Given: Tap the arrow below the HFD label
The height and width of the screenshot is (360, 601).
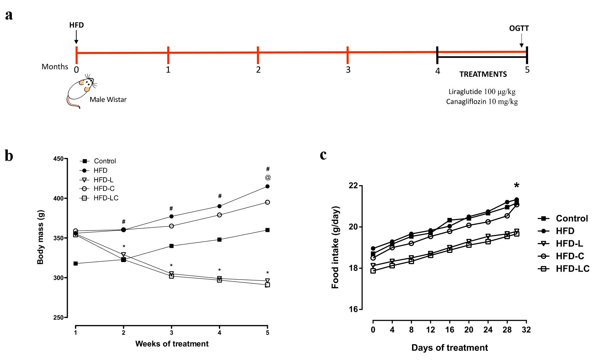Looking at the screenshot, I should [76, 37].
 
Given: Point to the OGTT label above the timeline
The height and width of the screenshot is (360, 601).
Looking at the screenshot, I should [519, 28].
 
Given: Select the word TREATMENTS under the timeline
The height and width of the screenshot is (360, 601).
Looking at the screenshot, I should [483, 74].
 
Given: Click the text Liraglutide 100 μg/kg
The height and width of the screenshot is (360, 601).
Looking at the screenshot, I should [482, 92].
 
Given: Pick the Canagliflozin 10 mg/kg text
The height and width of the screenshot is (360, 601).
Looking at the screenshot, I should [482, 102].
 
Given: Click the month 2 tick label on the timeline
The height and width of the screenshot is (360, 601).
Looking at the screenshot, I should [258, 70].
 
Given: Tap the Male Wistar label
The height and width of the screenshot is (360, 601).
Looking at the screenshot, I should [108, 100].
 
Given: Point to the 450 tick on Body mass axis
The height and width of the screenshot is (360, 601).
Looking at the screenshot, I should [58, 159].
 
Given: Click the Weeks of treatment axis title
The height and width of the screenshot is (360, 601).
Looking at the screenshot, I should [172, 344].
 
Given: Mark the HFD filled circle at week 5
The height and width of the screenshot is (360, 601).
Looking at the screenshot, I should [268, 186].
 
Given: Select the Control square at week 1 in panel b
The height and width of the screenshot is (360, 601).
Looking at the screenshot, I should [76, 263].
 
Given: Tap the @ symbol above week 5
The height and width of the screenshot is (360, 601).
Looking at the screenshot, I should [268, 177].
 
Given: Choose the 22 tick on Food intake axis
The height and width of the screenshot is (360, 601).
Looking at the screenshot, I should [353, 185].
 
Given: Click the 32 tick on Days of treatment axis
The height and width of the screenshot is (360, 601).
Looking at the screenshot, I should [526, 330].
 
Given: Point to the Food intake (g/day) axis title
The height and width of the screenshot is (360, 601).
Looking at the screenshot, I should [335, 247].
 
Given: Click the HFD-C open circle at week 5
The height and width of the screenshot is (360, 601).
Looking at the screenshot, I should [268, 202].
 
